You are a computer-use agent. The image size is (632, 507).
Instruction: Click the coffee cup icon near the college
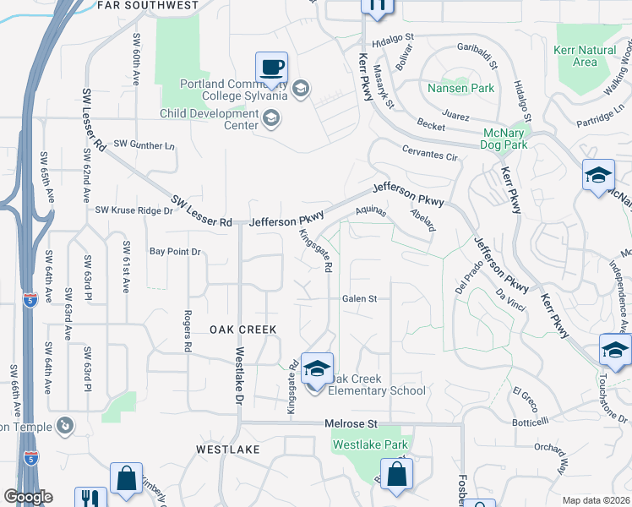271,68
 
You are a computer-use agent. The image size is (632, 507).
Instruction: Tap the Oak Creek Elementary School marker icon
318,369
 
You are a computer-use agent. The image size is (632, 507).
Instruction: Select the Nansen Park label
460,88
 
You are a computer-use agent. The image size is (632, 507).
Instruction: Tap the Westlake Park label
370,444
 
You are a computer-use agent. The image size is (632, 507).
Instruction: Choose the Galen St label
359,298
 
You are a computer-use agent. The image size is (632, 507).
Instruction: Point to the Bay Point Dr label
175,252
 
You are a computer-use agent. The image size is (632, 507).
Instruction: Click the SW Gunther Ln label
144,145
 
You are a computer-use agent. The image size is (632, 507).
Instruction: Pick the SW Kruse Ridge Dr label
133,210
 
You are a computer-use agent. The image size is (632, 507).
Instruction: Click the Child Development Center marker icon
270,119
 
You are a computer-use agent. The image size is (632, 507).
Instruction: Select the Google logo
28,497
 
